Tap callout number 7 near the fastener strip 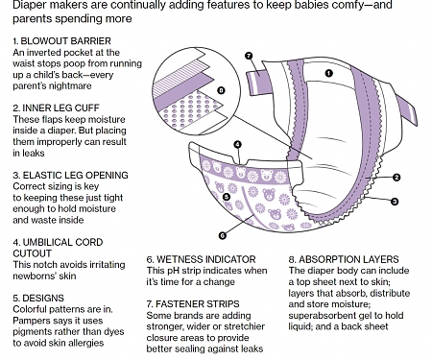[248, 56]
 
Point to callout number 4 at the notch [237, 145]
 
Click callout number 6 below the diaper [222, 233]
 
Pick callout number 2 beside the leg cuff [395, 178]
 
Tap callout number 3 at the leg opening [395, 201]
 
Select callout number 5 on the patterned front [227, 197]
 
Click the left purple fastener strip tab [260, 83]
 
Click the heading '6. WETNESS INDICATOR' [202, 259]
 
